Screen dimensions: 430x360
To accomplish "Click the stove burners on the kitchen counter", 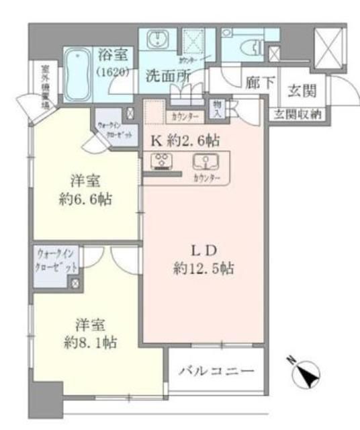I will pyautogui.click(x=162, y=162).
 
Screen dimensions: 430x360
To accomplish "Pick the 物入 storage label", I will pyautogui.click(x=218, y=108).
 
